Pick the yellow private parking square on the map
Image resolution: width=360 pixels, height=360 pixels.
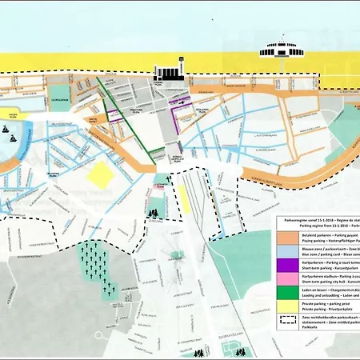click(x=102, y=174)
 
